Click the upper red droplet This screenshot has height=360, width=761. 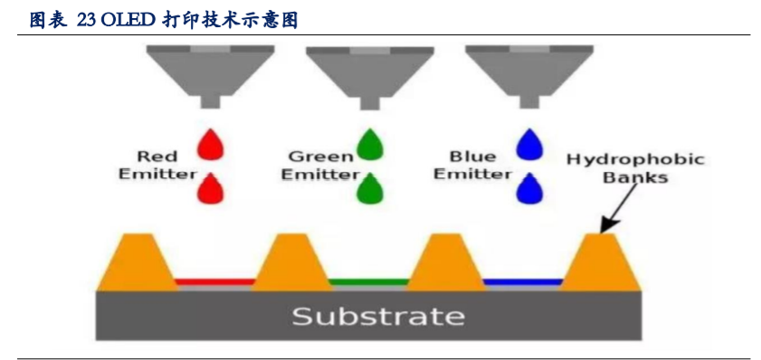(211, 145)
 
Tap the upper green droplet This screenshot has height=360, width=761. (369, 145)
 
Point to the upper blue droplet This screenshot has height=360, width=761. (528, 145)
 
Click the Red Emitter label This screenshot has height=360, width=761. (157, 165)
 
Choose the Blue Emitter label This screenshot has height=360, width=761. (471, 165)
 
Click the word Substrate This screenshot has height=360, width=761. (378, 317)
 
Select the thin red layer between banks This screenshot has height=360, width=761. (215, 281)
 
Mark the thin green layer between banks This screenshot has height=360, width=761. (368, 281)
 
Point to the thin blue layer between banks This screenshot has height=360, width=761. (522, 281)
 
